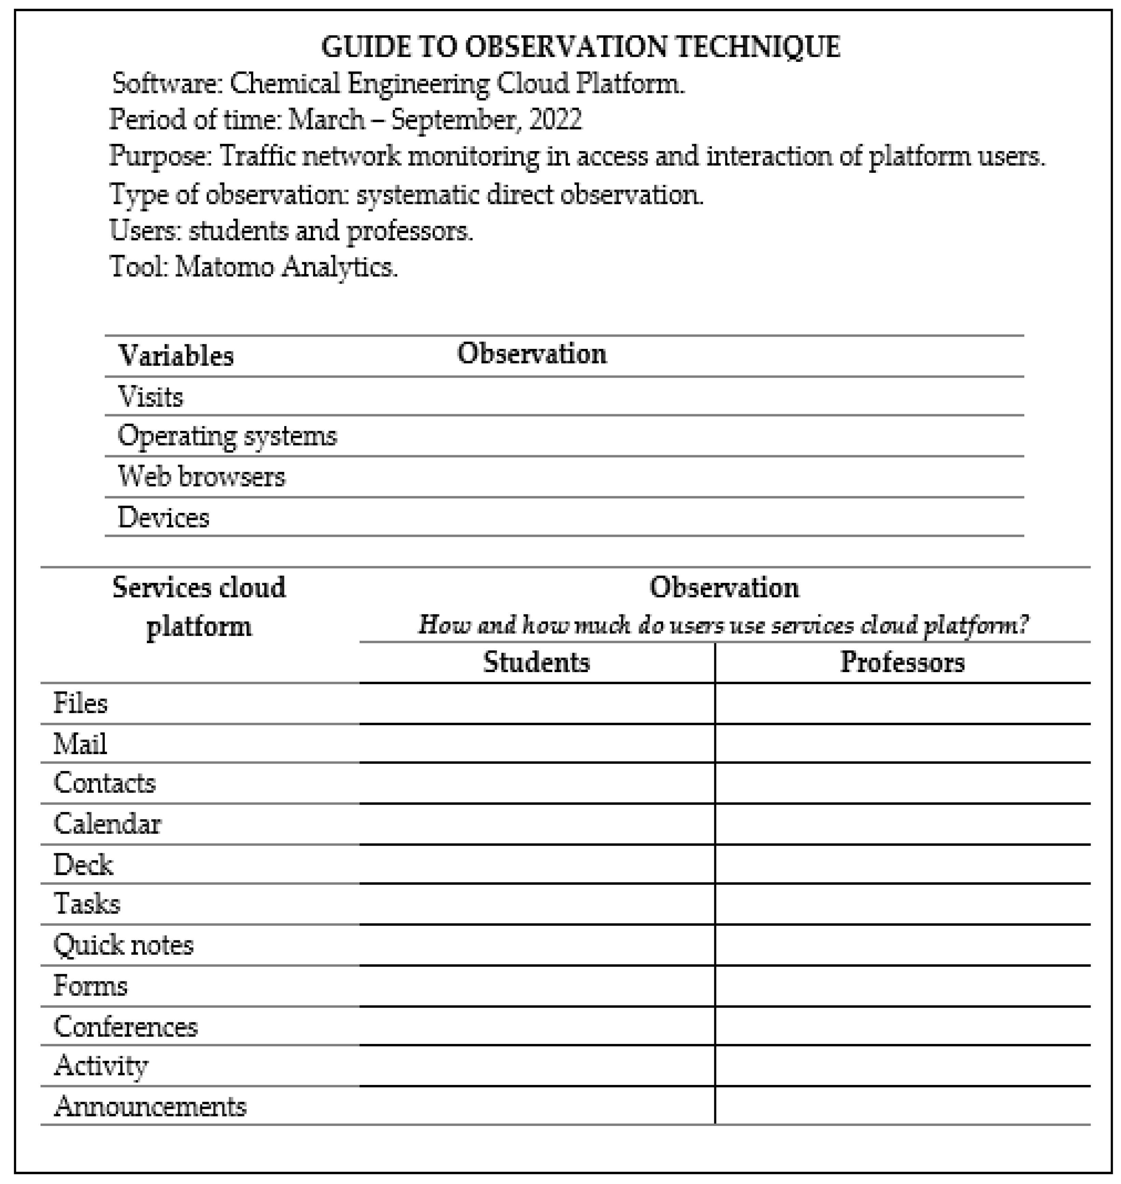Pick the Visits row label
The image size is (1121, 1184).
click(x=151, y=397)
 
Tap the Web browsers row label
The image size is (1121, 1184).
click(x=202, y=477)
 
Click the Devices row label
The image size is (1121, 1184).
click(x=163, y=518)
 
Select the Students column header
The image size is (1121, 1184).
click(x=536, y=662)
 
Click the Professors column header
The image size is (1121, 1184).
click(x=902, y=662)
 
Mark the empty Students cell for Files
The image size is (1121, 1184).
click(x=536, y=704)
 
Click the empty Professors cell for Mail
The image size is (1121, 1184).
click(x=902, y=744)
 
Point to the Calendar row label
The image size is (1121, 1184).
click(x=108, y=824)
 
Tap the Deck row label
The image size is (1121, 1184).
click(x=83, y=865)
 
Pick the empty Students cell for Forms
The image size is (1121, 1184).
click(x=536, y=986)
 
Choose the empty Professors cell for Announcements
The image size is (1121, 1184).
click(x=902, y=1106)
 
